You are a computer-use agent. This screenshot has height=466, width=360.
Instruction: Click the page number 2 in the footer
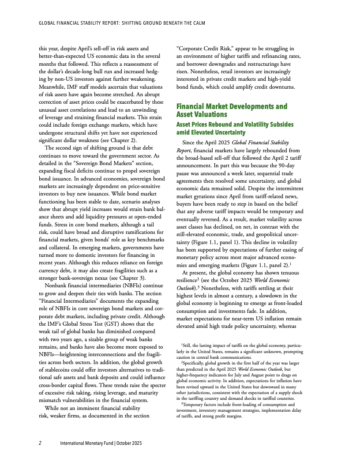coord(40,443)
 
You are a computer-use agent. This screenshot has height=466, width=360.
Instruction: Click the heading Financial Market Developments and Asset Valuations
coord(232,110)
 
